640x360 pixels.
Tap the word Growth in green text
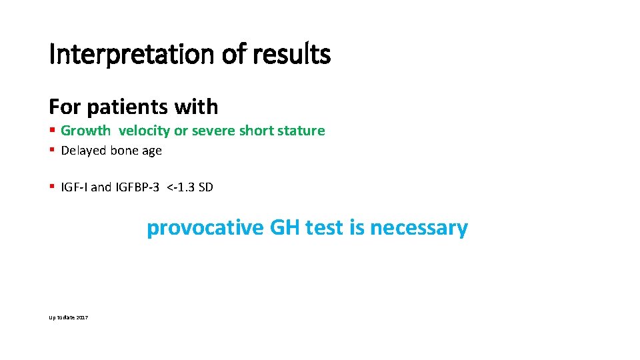click(x=85, y=131)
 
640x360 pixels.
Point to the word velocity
click(x=144, y=131)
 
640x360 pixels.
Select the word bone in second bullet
click(x=125, y=151)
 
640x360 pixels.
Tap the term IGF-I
click(x=74, y=187)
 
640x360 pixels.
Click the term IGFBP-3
click(x=137, y=187)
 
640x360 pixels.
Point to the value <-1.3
click(x=181, y=187)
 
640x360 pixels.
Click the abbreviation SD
click(x=205, y=187)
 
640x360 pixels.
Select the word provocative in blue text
click(x=205, y=228)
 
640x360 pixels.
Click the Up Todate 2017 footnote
click(x=69, y=317)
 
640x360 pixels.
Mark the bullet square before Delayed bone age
click(x=52, y=151)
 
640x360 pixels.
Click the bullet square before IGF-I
click(x=52, y=187)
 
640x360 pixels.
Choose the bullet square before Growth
click(x=52, y=131)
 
